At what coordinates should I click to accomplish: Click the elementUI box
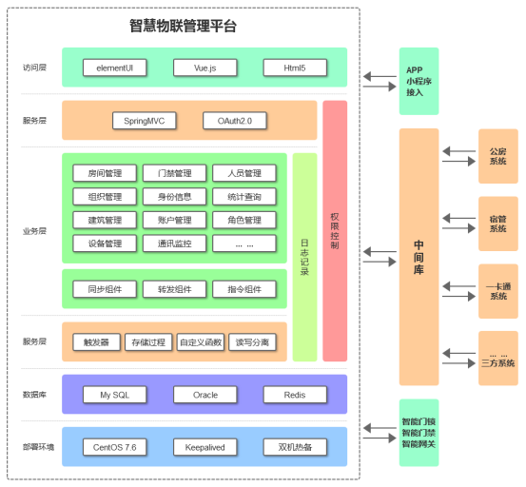click(x=115, y=68)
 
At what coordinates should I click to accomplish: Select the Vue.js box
click(x=205, y=68)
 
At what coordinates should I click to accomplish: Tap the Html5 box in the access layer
click(x=295, y=68)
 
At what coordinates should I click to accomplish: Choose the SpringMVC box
click(x=145, y=121)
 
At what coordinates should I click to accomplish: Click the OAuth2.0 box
click(x=235, y=121)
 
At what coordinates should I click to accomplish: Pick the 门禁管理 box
click(x=174, y=173)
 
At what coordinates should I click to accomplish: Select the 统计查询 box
click(x=244, y=197)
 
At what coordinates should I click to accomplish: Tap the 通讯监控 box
click(x=174, y=243)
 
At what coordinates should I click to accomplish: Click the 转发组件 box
click(x=174, y=289)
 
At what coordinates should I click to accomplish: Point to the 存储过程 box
click(x=148, y=342)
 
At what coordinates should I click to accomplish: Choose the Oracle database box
click(x=205, y=395)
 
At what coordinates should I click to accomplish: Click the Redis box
click(x=295, y=395)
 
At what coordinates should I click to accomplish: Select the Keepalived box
click(x=205, y=447)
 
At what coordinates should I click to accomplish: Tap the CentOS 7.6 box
click(x=115, y=447)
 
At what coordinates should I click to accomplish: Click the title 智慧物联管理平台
click(x=184, y=26)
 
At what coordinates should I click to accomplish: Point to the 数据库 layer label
click(x=34, y=395)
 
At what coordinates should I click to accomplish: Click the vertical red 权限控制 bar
click(x=335, y=231)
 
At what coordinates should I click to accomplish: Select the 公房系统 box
click(x=498, y=156)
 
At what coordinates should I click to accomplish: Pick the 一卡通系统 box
click(x=498, y=291)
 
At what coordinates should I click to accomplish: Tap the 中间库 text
click(x=419, y=257)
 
